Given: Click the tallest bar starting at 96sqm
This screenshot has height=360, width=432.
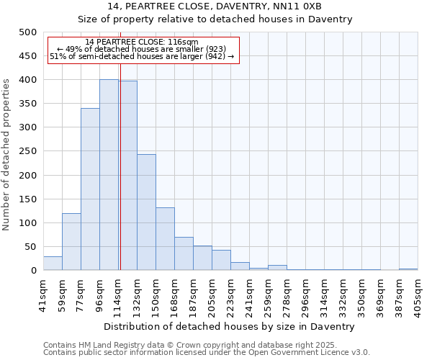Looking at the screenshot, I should coord(109,175).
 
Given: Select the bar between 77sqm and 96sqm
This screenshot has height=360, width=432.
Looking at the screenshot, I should coord(90,189).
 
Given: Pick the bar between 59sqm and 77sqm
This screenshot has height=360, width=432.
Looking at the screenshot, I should coord(71,242).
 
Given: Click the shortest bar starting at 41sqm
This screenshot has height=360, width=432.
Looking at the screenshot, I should coord(53,264).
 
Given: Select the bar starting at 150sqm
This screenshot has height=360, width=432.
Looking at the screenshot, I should coord(165,239).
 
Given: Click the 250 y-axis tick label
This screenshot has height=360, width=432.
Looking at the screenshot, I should coord(27,151).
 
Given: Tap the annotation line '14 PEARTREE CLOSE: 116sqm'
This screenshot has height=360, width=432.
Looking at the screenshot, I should coord(141,42).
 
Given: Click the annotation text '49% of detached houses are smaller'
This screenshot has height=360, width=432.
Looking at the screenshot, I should coord(141,50).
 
